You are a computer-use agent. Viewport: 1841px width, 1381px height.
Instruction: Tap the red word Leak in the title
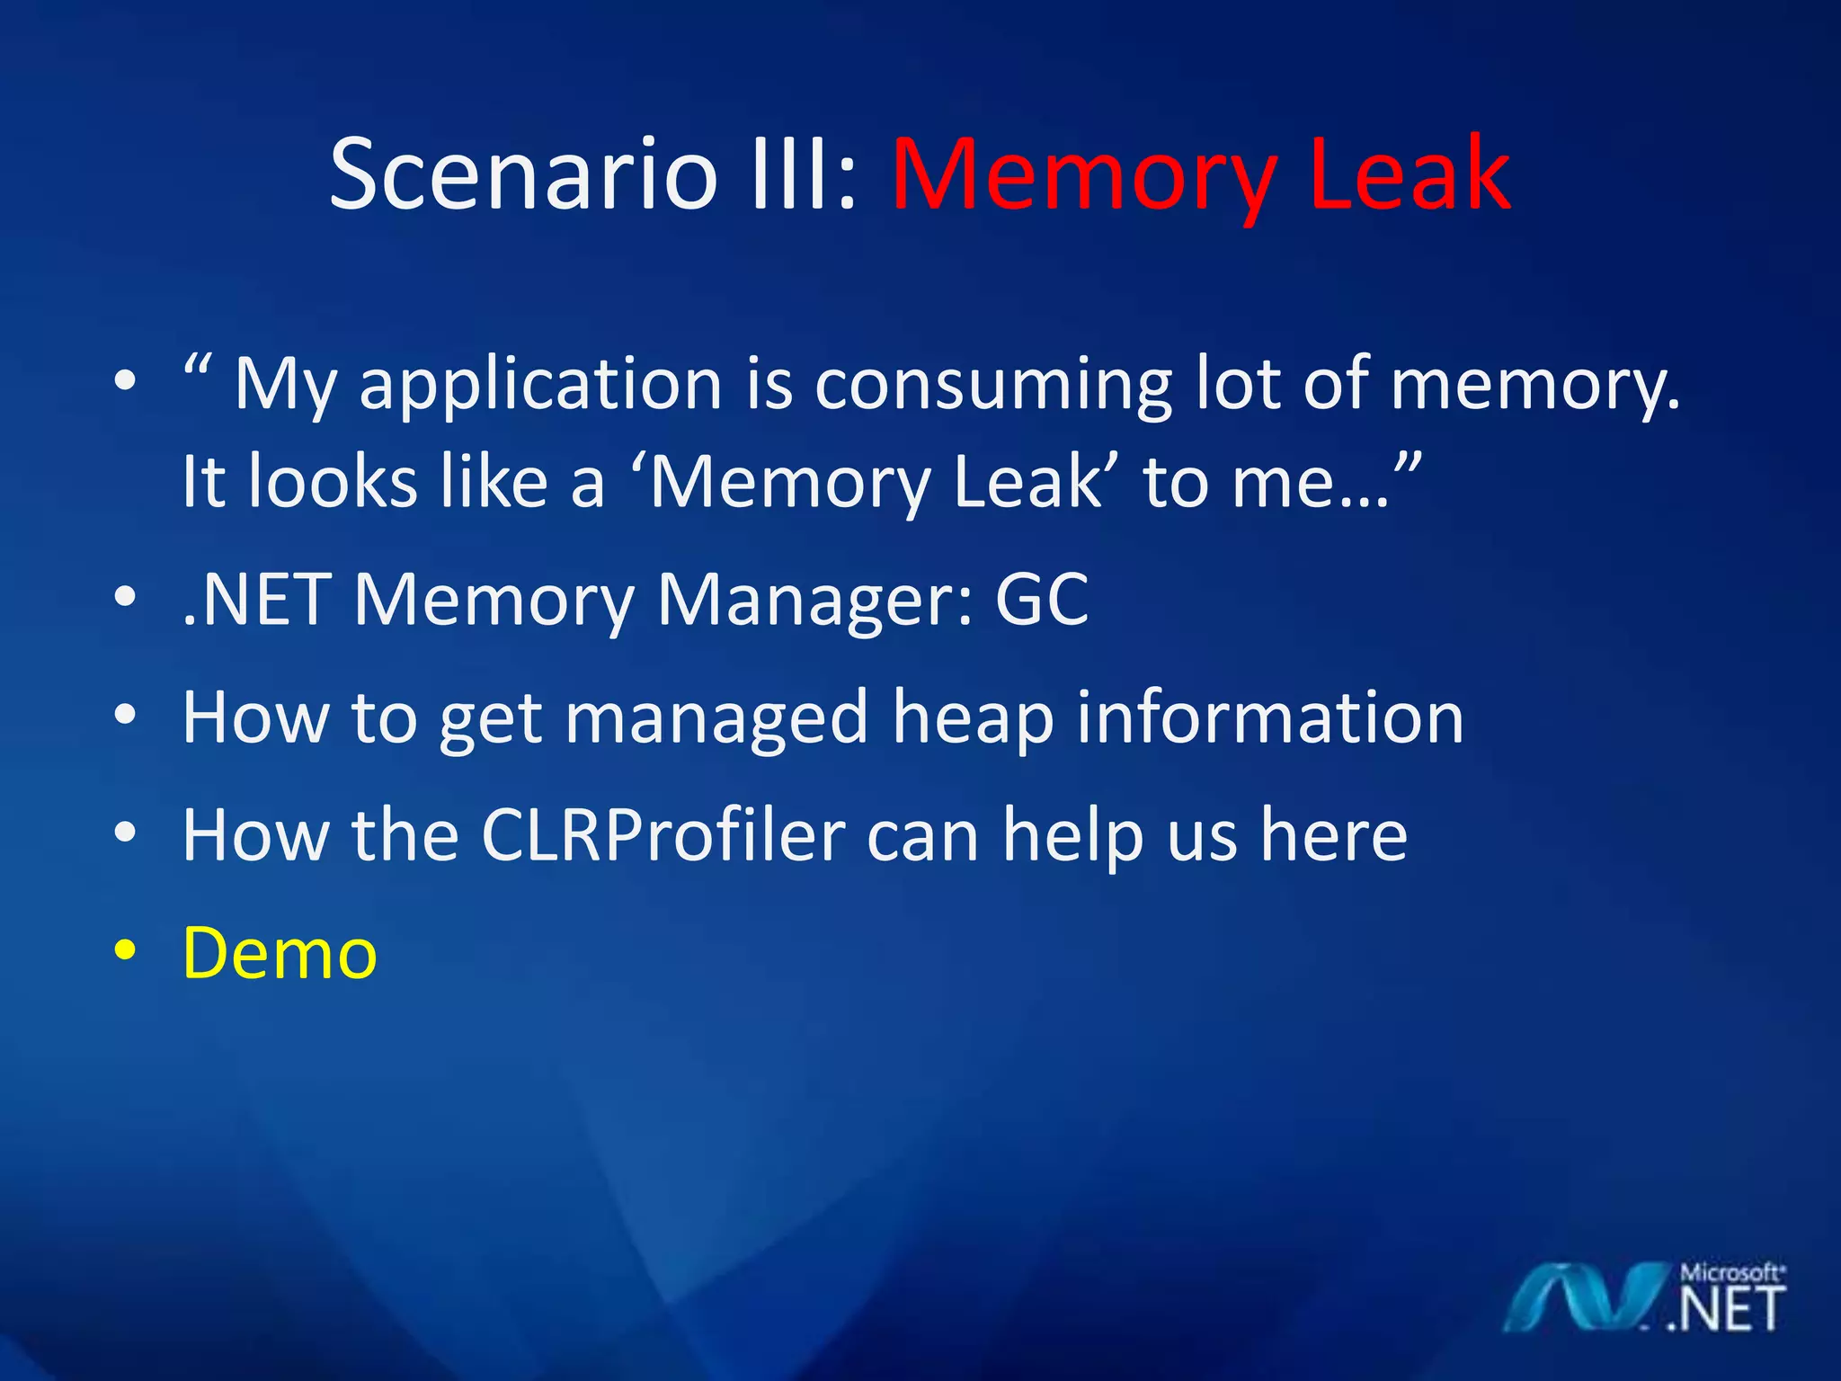point(1410,174)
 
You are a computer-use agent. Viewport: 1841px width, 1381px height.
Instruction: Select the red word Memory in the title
point(1083,176)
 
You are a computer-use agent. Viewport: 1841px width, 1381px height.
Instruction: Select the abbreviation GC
point(1042,599)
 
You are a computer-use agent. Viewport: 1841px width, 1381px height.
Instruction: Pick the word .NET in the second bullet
point(255,599)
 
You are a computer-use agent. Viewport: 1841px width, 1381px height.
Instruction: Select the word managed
point(716,719)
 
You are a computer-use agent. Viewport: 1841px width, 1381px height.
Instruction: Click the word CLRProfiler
point(663,835)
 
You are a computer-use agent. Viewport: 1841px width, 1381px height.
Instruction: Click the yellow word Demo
point(280,953)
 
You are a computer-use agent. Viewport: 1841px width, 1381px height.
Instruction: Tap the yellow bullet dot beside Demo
point(126,950)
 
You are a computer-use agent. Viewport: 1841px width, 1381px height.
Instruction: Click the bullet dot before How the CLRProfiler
point(126,833)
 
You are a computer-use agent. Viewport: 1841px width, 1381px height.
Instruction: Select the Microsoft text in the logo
point(1731,1273)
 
